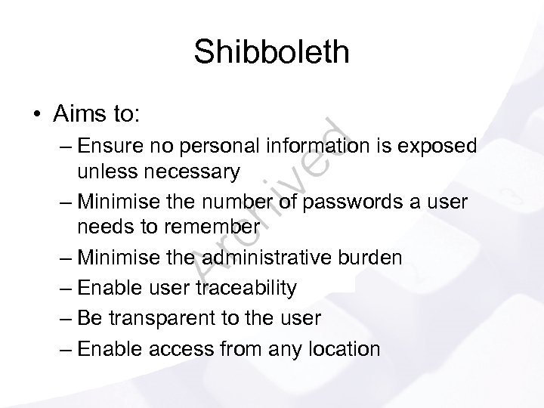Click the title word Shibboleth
tap(271, 52)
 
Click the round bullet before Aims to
tap(36, 115)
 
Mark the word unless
tap(100, 172)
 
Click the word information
tap(318, 145)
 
